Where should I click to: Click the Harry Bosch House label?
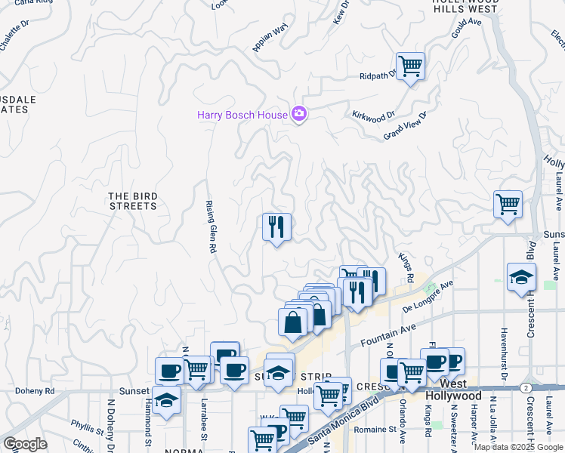pyautogui.click(x=242, y=115)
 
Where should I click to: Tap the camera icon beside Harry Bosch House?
pyautogui.click(x=299, y=114)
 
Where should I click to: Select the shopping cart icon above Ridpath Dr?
pyautogui.click(x=410, y=66)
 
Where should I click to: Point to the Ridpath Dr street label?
pyautogui.click(x=378, y=76)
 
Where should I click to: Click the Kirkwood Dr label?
pyautogui.click(x=374, y=116)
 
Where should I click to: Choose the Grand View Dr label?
pyautogui.click(x=406, y=125)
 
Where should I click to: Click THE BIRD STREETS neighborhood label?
pyautogui.click(x=133, y=201)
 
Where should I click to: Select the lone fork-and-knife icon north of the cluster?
pyautogui.click(x=276, y=226)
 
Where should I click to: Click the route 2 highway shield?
pyautogui.click(x=524, y=387)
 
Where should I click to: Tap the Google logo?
pyautogui.click(x=25, y=444)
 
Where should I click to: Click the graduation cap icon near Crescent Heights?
pyautogui.click(x=521, y=277)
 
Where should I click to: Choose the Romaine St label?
pyautogui.click(x=377, y=429)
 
